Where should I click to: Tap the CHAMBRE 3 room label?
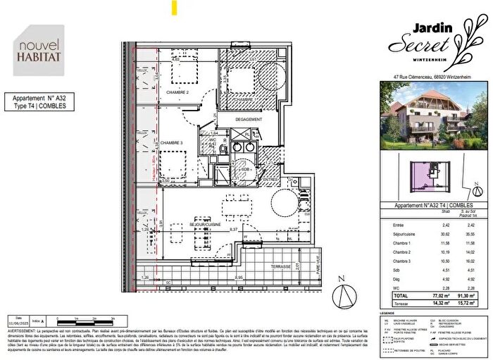172,143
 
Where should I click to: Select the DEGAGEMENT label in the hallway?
249,119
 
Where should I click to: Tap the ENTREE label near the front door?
272,179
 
